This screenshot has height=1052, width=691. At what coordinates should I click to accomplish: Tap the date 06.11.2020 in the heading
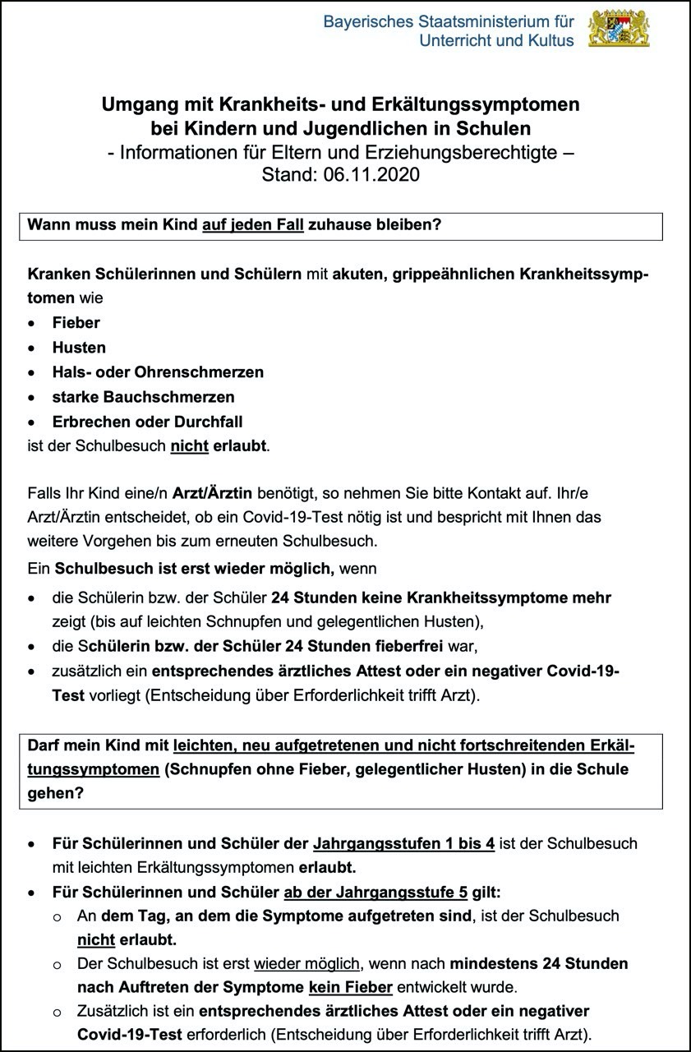tap(373, 175)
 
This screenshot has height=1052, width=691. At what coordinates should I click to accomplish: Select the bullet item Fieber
tap(76, 323)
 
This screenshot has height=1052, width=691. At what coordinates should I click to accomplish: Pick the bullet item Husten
tap(79, 348)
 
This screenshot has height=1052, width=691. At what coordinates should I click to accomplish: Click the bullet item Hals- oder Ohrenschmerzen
tap(158, 372)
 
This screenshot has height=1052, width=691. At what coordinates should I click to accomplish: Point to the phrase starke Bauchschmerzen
tap(143, 397)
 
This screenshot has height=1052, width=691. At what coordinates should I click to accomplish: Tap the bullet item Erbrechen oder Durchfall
tap(147, 422)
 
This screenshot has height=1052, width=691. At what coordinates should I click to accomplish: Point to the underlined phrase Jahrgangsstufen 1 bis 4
tap(403, 843)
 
